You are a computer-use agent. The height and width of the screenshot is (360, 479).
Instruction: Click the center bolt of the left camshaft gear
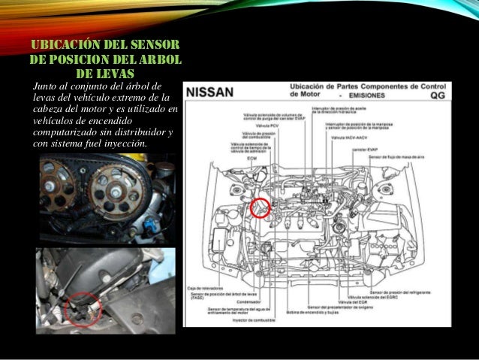(55, 183)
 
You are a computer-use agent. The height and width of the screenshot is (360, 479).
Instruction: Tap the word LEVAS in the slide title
(105, 73)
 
